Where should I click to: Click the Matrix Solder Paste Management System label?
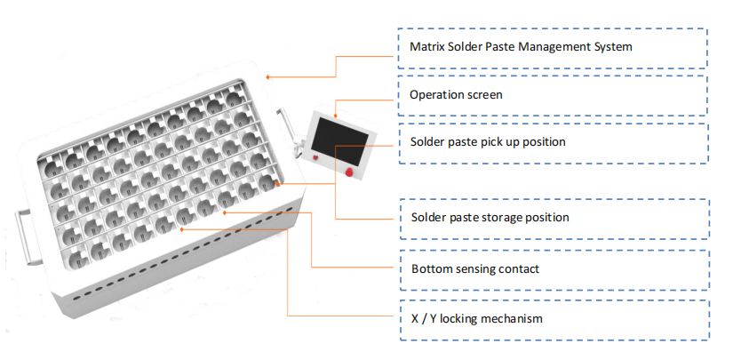(521, 46)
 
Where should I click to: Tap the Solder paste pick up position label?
(488, 141)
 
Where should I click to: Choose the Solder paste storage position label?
(490, 217)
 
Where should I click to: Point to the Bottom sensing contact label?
(474, 268)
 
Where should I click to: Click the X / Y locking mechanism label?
(476, 318)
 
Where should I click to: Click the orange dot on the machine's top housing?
(268, 76)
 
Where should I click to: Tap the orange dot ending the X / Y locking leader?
(182, 228)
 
